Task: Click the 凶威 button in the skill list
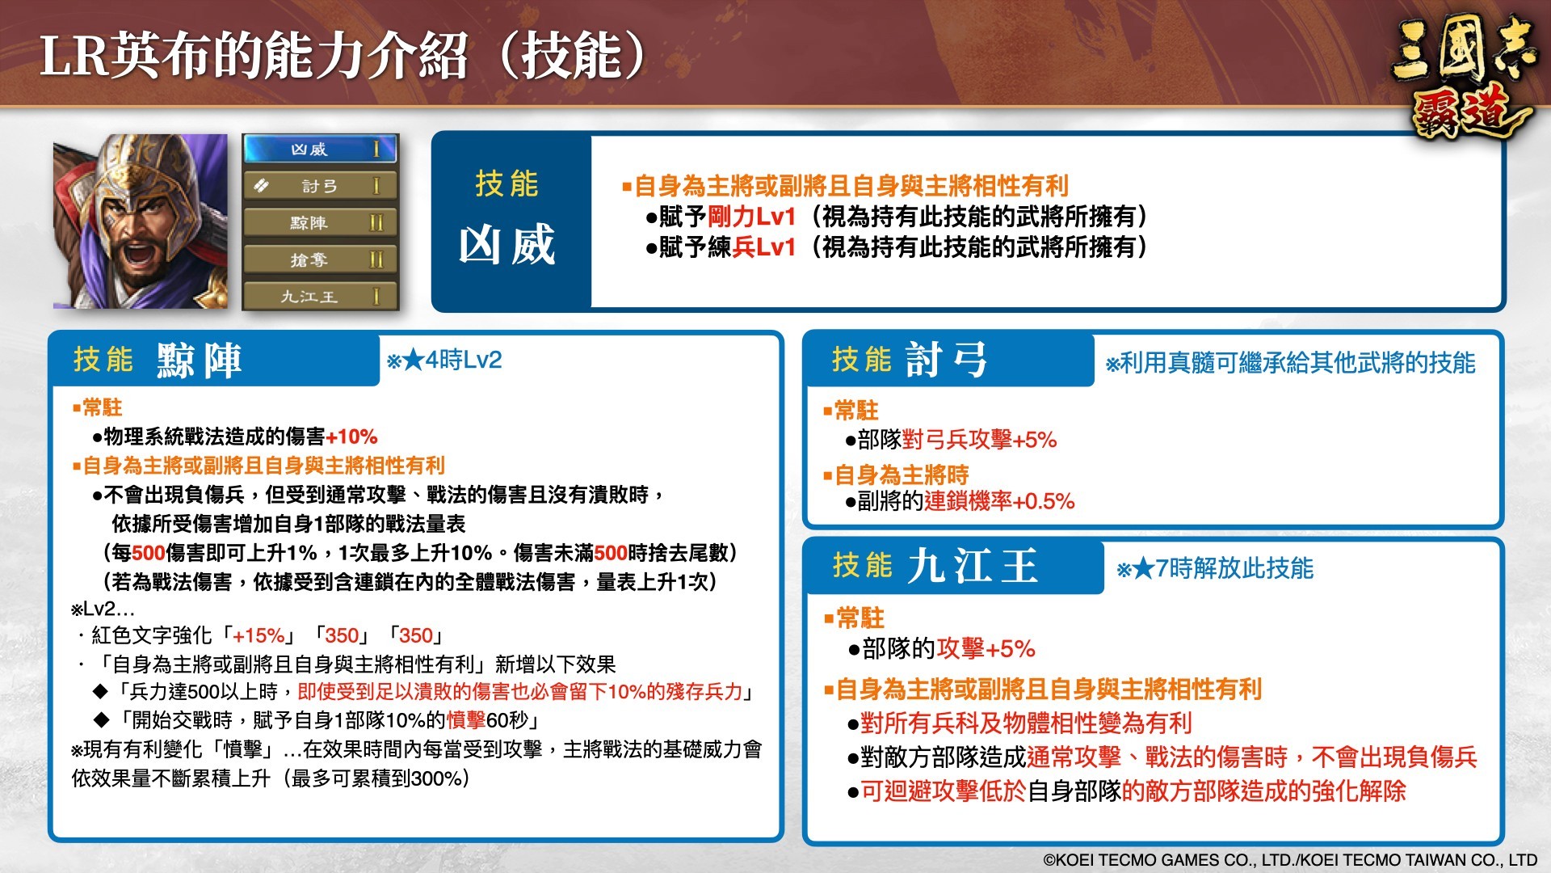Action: tap(320, 150)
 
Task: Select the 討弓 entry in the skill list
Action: tap(320, 186)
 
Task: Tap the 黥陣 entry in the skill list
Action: tap(320, 223)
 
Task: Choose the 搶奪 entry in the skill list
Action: tap(320, 259)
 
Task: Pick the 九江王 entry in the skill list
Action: tap(320, 297)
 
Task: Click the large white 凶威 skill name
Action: tap(507, 245)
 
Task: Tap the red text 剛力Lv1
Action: tap(752, 217)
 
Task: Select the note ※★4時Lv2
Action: tap(444, 360)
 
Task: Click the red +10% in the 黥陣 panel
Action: tap(351, 437)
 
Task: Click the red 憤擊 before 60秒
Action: tap(466, 720)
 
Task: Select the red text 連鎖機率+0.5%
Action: tap(999, 501)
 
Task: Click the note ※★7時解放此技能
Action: tap(1215, 568)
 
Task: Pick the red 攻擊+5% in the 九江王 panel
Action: tap(986, 648)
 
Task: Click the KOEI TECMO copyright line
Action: tap(1290, 860)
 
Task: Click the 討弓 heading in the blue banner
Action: tap(947, 360)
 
